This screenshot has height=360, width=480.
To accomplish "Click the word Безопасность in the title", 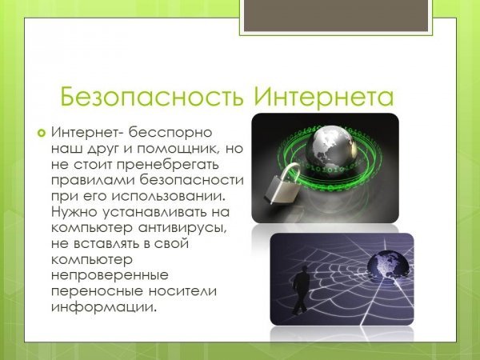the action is [x=152, y=97].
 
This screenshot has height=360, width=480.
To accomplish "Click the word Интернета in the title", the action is [x=323, y=97].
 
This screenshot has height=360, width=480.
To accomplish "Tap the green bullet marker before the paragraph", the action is [x=42, y=133].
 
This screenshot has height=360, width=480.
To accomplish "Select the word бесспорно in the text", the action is [x=170, y=133].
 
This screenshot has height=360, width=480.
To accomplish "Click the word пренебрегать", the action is [x=168, y=165].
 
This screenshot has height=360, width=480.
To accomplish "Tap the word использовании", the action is [x=168, y=197].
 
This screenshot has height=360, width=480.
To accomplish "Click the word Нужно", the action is [x=74, y=212].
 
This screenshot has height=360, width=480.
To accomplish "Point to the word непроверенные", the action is [x=110, y=275].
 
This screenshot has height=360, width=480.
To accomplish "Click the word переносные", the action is [x=97, y=291].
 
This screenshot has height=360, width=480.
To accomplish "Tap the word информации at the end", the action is [x=104, y=306].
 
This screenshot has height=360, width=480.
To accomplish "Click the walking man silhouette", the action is [x=300, y=290].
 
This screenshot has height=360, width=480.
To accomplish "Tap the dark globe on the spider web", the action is [x=387, y=265].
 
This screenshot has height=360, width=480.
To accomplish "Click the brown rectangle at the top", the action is [x=336, y=15].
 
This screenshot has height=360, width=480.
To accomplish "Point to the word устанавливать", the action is [x=154, y=212].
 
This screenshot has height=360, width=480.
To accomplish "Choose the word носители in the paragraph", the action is [x=182, y=291].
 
